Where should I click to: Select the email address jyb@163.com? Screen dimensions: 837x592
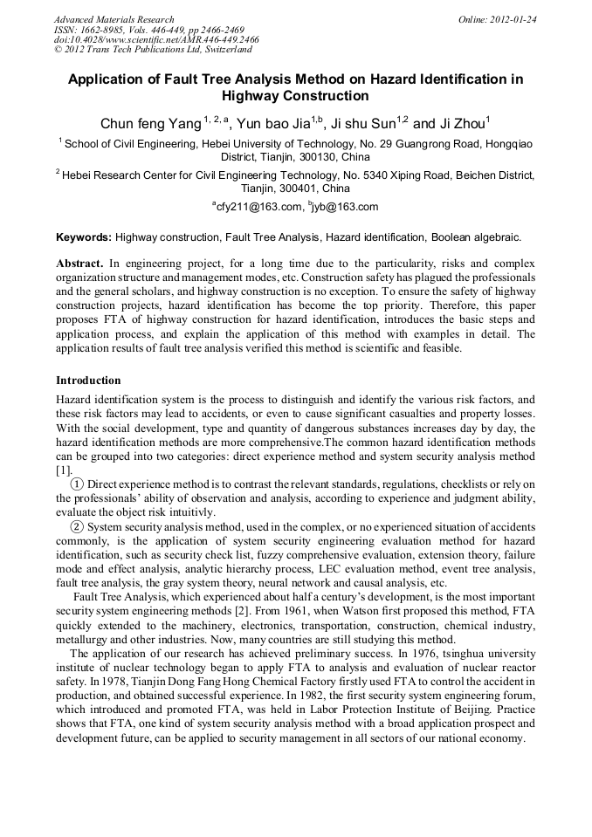point(346,207)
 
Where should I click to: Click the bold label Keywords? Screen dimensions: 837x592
point(84,237)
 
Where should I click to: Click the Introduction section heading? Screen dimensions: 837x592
point(88,381)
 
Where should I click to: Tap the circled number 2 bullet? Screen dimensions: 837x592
point(77,526)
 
